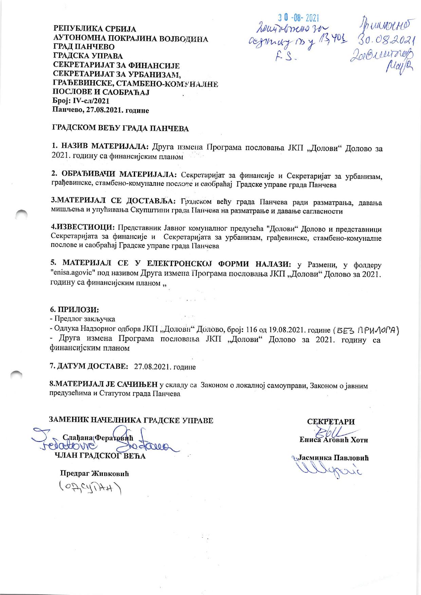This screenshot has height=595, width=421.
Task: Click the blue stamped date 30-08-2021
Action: (x=298, y=18)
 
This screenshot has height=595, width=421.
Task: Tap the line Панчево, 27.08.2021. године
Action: (x=100, y=110)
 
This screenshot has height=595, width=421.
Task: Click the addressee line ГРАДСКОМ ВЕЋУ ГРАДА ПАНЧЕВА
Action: (x=120, y=128)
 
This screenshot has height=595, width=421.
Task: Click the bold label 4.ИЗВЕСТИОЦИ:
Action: (x=83, y=227)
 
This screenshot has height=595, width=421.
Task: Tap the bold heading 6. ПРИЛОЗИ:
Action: (x=74, y=310)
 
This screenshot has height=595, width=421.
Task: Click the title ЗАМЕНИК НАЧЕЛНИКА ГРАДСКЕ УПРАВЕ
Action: (x=131, y=420)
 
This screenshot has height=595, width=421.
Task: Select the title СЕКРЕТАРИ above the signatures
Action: (x=331, y=422)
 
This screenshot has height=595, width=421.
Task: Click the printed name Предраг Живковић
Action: (x=94, y=473)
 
